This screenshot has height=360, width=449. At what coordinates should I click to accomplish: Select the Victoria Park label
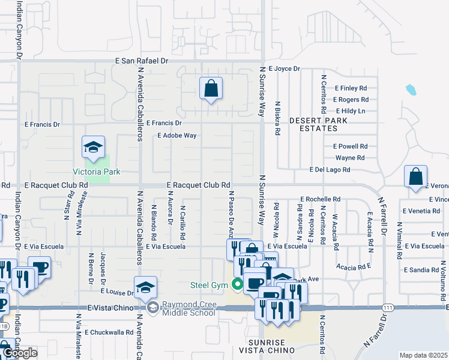coord(97,172)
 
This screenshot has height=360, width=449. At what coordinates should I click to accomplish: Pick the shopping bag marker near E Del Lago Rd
coord(415,177)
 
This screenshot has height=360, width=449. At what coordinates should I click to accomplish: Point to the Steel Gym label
coord(207,284)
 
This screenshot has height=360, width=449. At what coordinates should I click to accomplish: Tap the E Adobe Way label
coord(177,136)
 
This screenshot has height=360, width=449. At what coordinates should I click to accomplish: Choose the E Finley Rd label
coord(351,88)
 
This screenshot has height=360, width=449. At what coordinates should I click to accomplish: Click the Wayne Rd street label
coord(350,158)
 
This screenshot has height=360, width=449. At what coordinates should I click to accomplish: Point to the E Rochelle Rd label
coord(321,199)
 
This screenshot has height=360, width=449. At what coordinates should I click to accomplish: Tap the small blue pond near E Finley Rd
coord(411,90)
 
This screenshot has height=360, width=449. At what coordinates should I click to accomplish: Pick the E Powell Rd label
coord(350,146)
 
